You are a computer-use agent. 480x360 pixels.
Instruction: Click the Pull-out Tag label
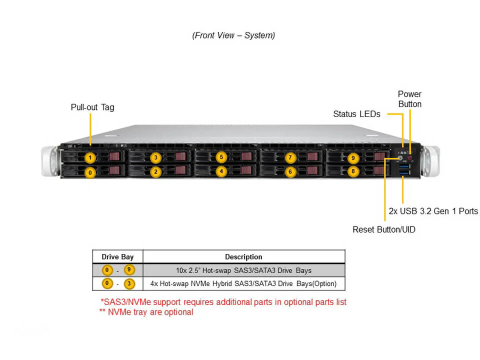pos(92,107)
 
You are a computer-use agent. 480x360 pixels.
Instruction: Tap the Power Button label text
pos(409,99)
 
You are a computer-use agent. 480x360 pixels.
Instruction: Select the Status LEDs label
pos(356,114)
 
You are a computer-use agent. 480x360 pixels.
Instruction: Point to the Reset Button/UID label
pos(384,229)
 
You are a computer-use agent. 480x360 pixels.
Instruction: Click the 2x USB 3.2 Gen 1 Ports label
pos(433,211)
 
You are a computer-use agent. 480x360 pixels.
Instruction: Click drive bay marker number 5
pos(221,157)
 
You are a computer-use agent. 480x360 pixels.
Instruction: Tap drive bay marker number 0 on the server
pos(89,172)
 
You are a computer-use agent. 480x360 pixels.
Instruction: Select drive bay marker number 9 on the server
pos(353,158)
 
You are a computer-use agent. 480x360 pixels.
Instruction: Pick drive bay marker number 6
pos(290,171)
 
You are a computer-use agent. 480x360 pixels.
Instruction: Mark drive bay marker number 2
pos(155,171)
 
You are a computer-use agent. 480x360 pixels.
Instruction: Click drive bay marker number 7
pos(290,158)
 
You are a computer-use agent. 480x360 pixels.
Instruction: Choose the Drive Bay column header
pos(117,257)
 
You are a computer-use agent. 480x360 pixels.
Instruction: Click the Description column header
pos(243,257)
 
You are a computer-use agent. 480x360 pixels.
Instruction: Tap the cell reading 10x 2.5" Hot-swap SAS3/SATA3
pos(243,270)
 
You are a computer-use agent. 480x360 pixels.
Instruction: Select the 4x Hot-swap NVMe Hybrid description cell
pos(243,283)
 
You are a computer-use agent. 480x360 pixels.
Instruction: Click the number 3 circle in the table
pos(130,283)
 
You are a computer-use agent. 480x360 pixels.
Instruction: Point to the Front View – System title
pos(233,35)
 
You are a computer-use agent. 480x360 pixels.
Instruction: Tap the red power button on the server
pos(410,158)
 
